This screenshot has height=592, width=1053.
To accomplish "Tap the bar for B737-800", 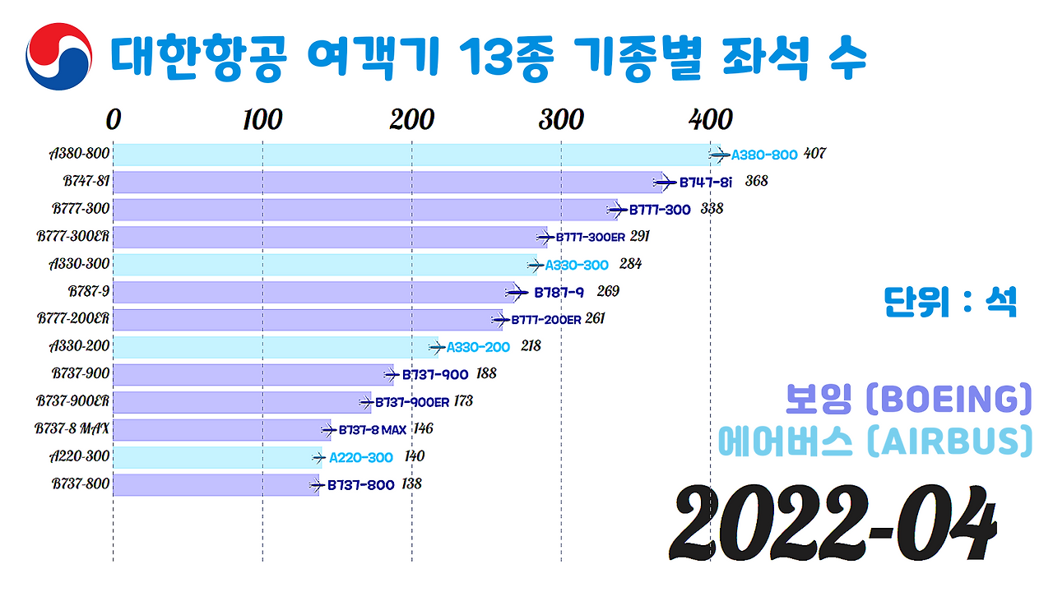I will click(x=215, y=485).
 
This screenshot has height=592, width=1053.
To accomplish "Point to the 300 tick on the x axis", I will click(x=561, y=120).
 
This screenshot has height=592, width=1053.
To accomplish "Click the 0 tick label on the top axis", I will click(x=114, y=120).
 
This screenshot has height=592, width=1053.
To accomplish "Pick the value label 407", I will click(x=814, y=154).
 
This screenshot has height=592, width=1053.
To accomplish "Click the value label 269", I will click(x=608, y=291).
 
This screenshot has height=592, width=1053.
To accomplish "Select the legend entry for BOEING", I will click(x=907, y=399).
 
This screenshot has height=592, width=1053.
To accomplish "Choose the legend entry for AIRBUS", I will click(x=874, y=442).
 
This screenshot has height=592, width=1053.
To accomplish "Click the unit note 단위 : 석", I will click(x=950, y=302).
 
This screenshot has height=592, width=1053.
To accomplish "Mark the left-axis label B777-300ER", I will click(x=73, y=236).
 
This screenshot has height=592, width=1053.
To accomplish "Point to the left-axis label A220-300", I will click(x=79, y=456).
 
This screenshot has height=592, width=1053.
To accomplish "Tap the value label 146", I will click(x=423, y=428).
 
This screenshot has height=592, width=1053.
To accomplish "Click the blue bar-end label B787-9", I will click(x=559, y=292).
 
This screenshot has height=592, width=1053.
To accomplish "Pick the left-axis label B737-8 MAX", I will click(x=72, y=428).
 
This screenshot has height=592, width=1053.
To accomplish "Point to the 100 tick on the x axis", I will click(x=262, y=120).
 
